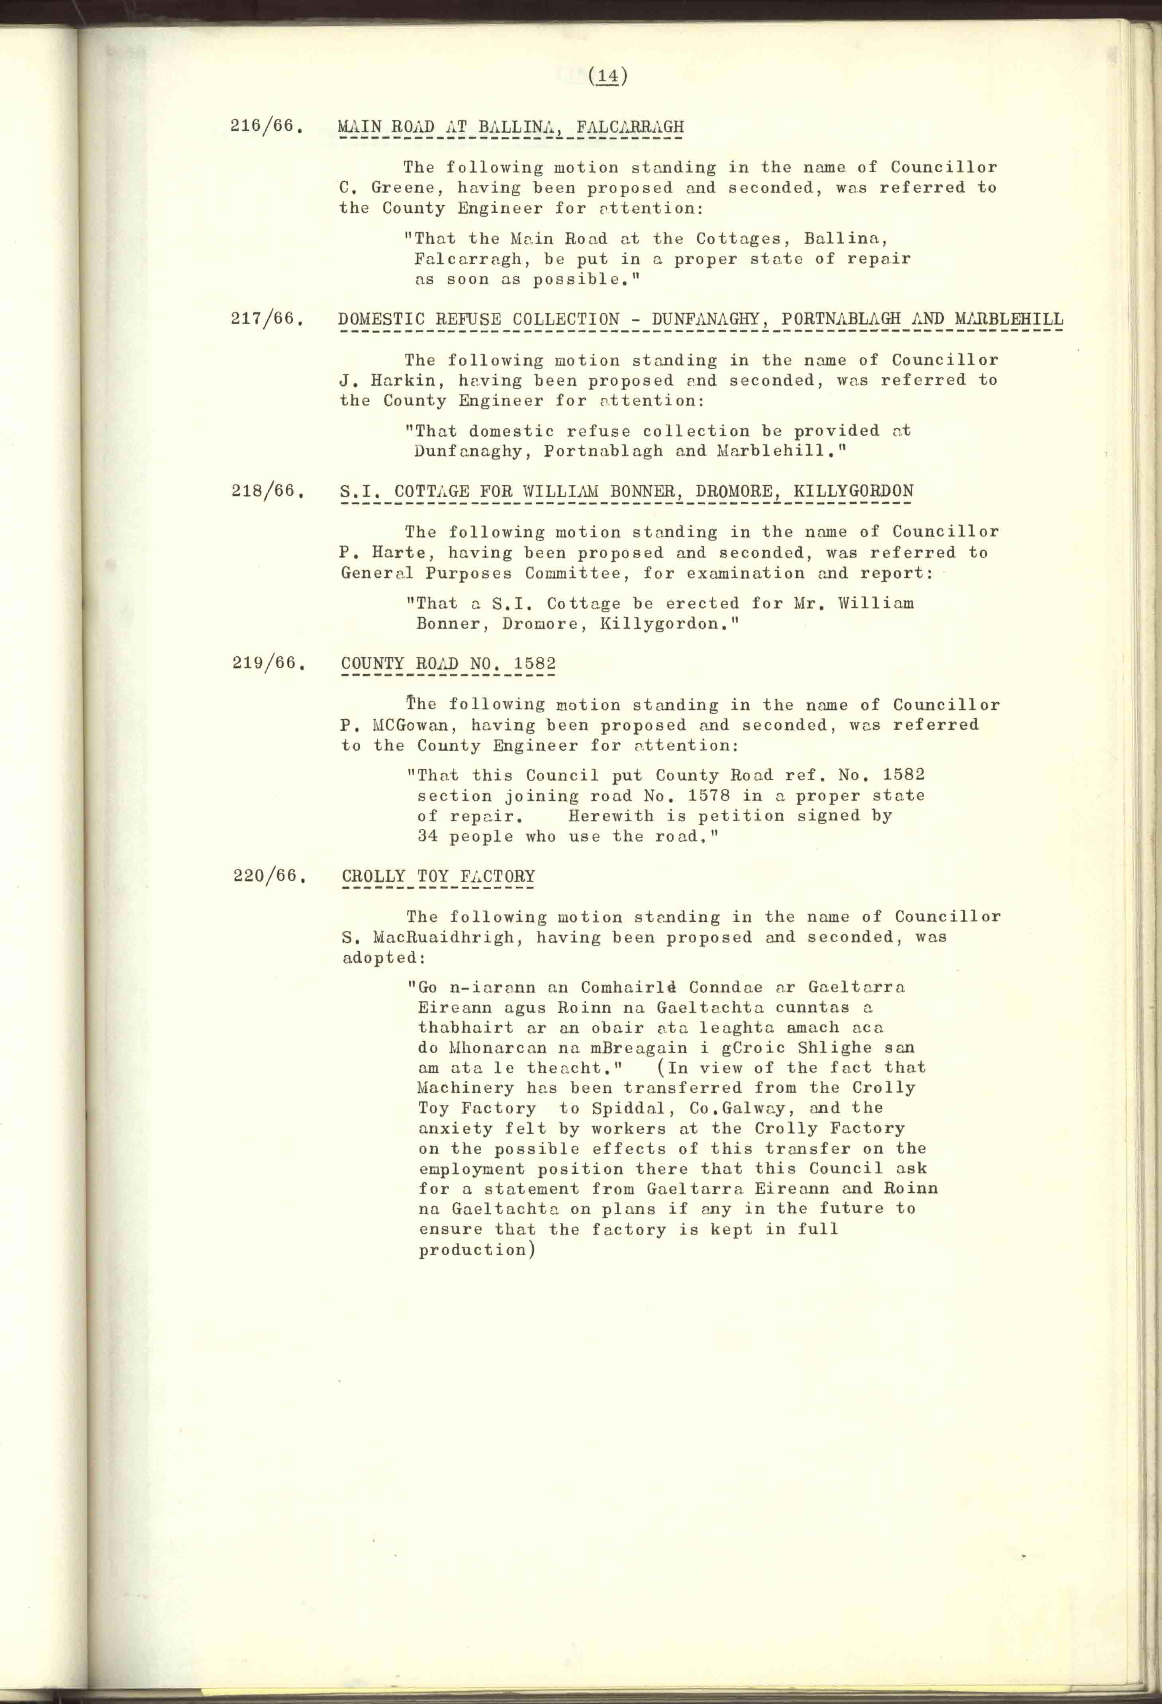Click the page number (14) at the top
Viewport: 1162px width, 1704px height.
tap(608, 76)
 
